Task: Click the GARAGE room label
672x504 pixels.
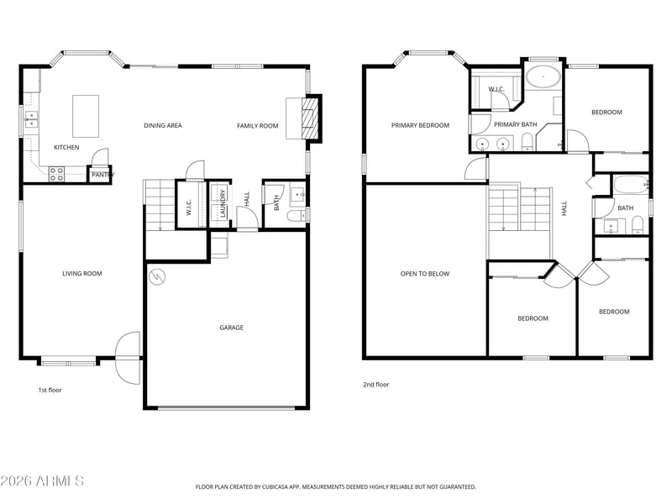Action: (232, 328)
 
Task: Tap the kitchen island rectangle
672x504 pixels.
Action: (86, 116)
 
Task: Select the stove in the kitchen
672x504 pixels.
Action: (56, 174)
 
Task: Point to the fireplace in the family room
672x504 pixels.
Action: (310, 118)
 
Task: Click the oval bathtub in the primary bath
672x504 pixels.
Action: (543, 77)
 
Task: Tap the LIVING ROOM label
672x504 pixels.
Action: (82, 274)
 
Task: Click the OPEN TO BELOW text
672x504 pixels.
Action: (425, 274)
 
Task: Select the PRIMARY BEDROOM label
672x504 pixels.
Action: (420, 125)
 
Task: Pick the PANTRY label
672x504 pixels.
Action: (102, 175)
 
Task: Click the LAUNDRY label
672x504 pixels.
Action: (223, 203)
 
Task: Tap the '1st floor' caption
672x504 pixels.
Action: (50, 390)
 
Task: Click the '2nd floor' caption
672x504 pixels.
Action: (376, 385)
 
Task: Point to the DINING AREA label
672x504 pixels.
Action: (163, 125)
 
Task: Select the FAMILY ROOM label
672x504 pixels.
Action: (258, 125)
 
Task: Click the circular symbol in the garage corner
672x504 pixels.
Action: (156, 277)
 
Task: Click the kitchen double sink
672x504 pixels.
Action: (31, 119)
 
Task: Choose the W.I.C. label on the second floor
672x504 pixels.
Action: (496, 89)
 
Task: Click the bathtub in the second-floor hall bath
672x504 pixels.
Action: (631, 185)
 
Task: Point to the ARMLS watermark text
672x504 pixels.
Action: (42, 480)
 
